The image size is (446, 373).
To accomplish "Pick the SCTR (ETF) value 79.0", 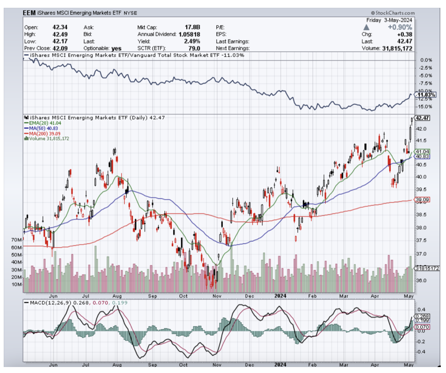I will tap(194, 48).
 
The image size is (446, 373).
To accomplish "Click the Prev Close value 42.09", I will tap(60, 48).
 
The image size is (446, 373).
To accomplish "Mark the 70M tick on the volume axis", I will tap(16, 240).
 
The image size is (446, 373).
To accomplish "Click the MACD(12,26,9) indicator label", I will tap(49, 303).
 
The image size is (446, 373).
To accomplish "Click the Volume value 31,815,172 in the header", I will tap(398, 48).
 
